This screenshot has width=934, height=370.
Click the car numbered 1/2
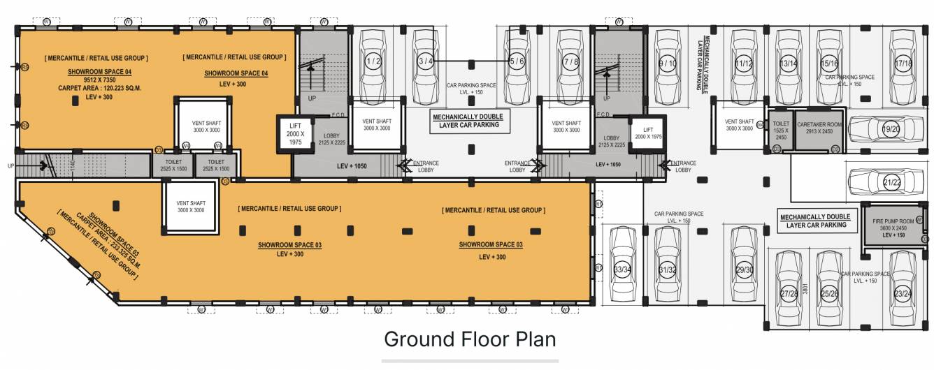[373, 61]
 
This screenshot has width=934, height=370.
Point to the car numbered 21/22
[890, 182]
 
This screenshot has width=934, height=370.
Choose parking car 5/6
[517, 61]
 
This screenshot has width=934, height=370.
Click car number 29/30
[744, 269]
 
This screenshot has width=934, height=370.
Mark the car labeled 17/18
[903, 63]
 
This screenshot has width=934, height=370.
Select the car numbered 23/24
[902, 293]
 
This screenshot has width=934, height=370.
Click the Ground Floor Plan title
[470, 339]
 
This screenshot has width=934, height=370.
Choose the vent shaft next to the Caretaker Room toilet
[739, 126]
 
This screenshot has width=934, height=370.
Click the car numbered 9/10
[668, 63]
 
